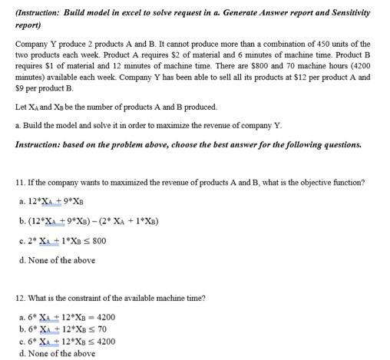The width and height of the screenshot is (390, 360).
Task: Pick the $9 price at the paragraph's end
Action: pyautogui.click(x=22, y=89)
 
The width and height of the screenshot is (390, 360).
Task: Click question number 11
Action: pyautogui.click(x=20, y=182)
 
